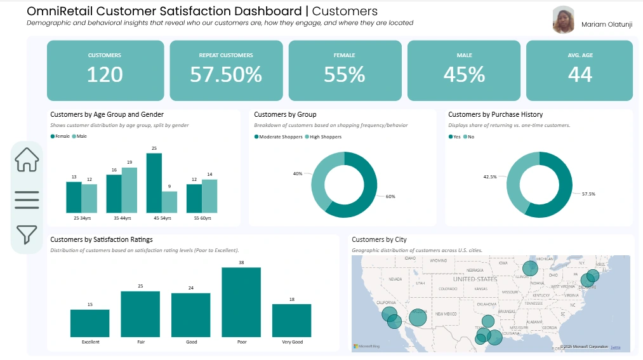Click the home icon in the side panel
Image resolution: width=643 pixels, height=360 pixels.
[x=27, y=159]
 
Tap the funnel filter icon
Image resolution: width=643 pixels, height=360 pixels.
[x=27, y=234]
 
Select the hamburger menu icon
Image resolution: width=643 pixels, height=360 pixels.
[x=27, y=198]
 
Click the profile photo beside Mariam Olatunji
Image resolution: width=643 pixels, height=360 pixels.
[x=563, y=20]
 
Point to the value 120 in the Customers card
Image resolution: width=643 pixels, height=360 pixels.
[x=105, y=74]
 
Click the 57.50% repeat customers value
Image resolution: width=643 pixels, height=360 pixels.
[x=226, y=74]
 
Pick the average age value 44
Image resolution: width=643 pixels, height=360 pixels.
[x=580, y=74]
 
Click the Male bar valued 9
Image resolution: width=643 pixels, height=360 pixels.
[x=169, y=202]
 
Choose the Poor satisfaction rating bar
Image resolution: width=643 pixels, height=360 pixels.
[x=241, y=302]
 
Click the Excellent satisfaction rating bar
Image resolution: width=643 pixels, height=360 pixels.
[x=90, y=323]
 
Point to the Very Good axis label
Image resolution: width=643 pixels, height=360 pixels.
[x=292, y=342]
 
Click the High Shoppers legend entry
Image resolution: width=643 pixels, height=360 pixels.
[x=326, y=137]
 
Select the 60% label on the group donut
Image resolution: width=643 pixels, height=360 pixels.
[x=390, y=196]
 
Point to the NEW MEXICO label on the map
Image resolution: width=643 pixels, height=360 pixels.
[x=446, y=314]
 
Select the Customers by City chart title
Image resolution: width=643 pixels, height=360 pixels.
[x=379, y=239]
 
